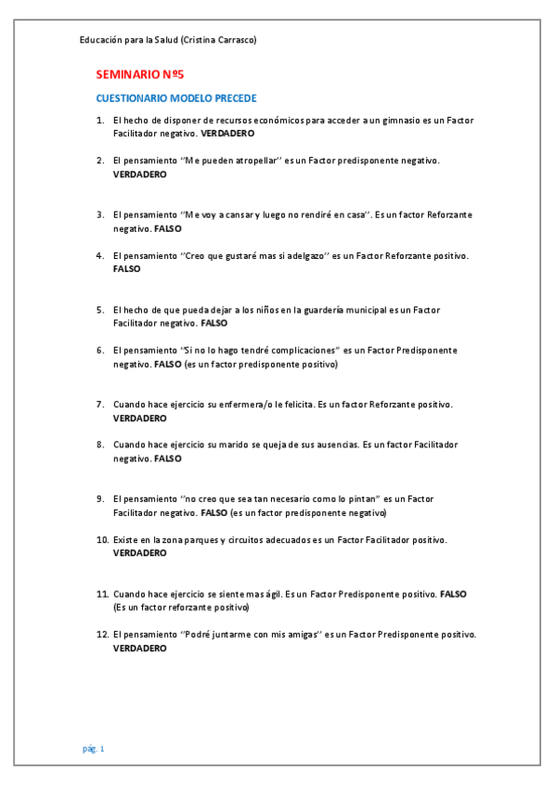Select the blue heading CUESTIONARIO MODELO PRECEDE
(176, 98)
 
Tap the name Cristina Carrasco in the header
(220, 40)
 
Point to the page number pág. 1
(94, 748)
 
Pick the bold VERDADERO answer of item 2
(140, 174)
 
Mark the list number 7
(100, 405)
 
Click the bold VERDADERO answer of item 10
(140, 552)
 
